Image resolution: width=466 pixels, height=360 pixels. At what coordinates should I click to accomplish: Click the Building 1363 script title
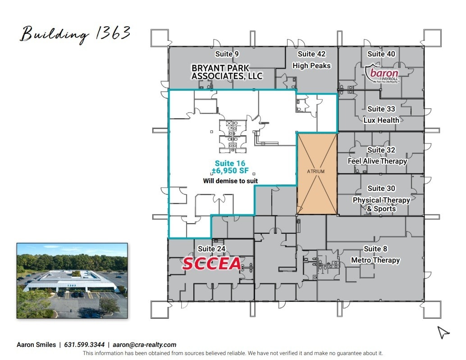tap(75, 34)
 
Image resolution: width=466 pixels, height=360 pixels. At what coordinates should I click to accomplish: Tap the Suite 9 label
tap(227, 54)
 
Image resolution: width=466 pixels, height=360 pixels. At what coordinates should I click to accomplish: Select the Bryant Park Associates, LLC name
tap(227, 72)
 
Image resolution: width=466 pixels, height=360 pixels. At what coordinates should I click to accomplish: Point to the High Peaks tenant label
tap(311, 66)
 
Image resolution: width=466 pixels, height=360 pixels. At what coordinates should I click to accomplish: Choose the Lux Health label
tap(381, 120)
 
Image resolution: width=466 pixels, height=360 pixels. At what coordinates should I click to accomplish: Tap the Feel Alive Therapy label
tap(377, 161)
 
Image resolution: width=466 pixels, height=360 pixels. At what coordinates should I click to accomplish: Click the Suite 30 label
tap(381, 189)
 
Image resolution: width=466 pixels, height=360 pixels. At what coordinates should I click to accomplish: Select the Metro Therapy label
tap(375, 260)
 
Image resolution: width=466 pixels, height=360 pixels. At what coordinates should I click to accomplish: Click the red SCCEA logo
tap(211, 264)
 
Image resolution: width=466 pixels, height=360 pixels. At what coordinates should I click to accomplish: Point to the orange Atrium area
tap(316, 173)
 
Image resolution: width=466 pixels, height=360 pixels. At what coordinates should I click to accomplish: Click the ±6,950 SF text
tap(230, 171)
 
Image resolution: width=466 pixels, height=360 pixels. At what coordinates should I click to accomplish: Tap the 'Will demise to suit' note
tap(230, 181)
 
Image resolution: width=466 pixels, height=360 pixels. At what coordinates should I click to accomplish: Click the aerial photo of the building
tap(72, 281)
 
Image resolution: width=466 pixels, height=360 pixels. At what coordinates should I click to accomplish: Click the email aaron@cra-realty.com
tap(145, 345)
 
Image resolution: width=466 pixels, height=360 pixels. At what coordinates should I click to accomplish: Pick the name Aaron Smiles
tap(36, 345)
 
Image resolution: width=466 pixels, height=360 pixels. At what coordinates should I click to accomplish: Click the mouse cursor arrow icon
tap(443, 332)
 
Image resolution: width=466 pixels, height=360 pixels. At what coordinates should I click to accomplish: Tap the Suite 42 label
tap(311, 54)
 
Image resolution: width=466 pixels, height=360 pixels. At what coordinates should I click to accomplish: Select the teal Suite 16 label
tap(230, 163)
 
